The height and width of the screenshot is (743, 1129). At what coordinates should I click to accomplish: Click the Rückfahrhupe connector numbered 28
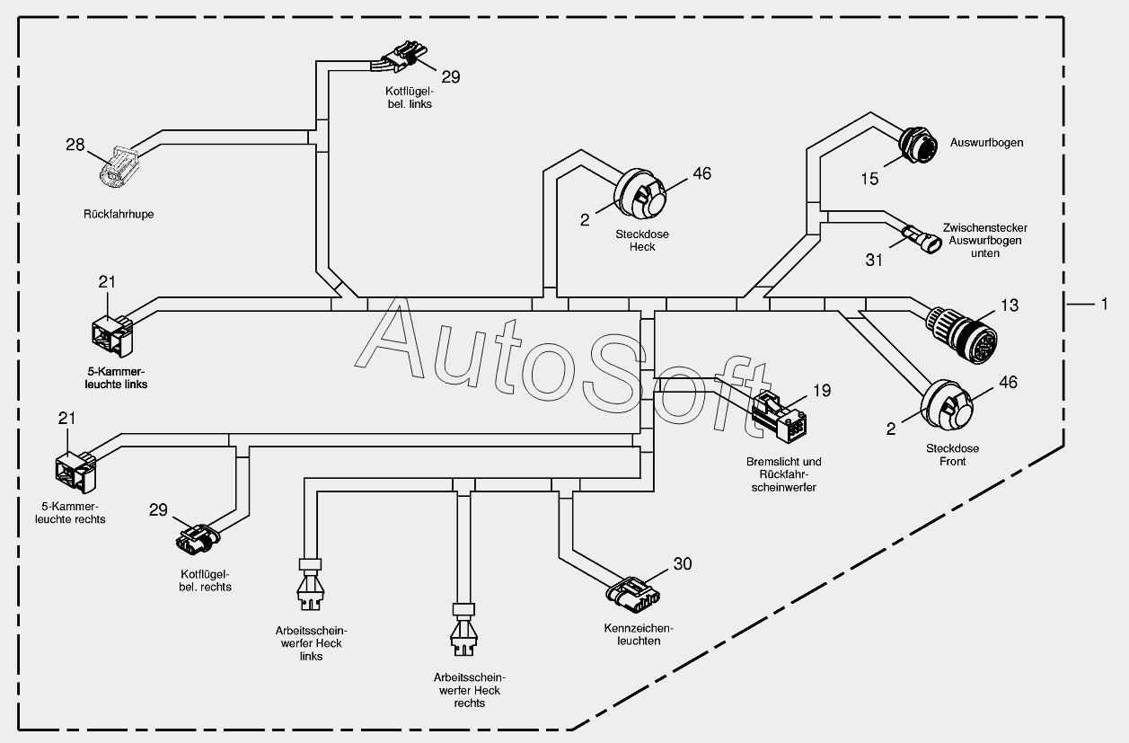pyautogui.click(x=118, y=166)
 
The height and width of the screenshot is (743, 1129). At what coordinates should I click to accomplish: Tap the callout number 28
pyautogui.click(x=75, y=146)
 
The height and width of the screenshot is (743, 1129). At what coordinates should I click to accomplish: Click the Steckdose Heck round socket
pyautogui.click(x=639, y=194)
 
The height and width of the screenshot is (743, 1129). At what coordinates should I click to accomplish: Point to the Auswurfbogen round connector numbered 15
pyautogui.click(x=918, y=146)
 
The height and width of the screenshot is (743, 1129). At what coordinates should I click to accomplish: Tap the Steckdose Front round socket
pyautogui.click(x=947, y=405)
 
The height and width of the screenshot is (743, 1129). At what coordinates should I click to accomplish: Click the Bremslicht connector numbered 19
pyautogui.click(x=779, y=416)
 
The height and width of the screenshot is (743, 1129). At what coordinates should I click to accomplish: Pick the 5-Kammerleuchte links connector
pyautogui.click(x=113, y=335)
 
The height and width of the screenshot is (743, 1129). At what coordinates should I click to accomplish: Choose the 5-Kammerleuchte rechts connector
pyautogui.click(x=75, y=472)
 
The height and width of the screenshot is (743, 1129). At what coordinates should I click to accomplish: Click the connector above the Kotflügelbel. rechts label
pyautogui.click(x=198, y=539)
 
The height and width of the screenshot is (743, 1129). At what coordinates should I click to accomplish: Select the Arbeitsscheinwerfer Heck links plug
pyautogui.click(x=310, y=585)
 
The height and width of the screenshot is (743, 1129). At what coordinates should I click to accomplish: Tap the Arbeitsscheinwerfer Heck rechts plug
pyautogui.click(x=463, y=630)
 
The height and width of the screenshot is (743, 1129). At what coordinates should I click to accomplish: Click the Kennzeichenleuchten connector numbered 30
pyautogui.click(x=633, y=595)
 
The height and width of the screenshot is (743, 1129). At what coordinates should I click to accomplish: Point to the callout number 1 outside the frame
pyautogui.click(x=1105, y=304)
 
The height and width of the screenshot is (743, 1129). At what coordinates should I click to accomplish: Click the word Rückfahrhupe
pyautogui.click(x=119, y=214)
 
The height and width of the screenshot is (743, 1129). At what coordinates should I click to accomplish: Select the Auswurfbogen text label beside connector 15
pyautogui.click(x=986, y=143)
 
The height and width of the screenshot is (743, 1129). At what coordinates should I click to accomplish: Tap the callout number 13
pyautogui.click(x=1009, y=305)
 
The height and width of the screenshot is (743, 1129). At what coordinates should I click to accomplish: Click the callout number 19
pyautogui.click(x=822, y=391)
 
